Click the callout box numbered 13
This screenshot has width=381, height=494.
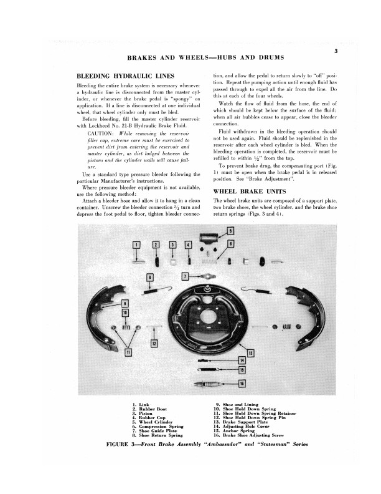point(250,353)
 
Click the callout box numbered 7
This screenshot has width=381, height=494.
point(185,276)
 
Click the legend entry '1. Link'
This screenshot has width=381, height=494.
point(140,405)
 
